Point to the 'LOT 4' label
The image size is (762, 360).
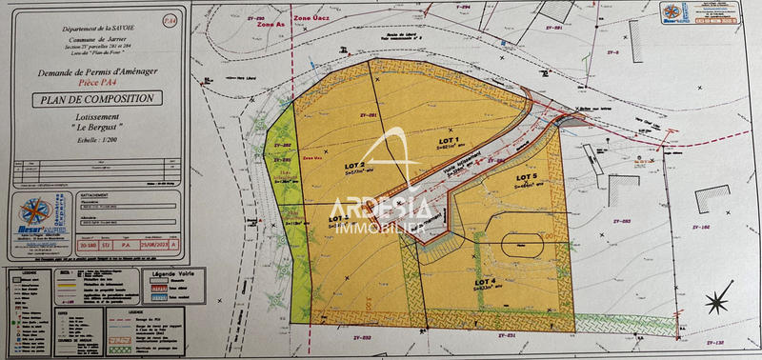point(486,282)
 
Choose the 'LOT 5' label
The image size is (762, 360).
point(528,177)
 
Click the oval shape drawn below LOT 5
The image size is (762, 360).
point(522,244)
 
